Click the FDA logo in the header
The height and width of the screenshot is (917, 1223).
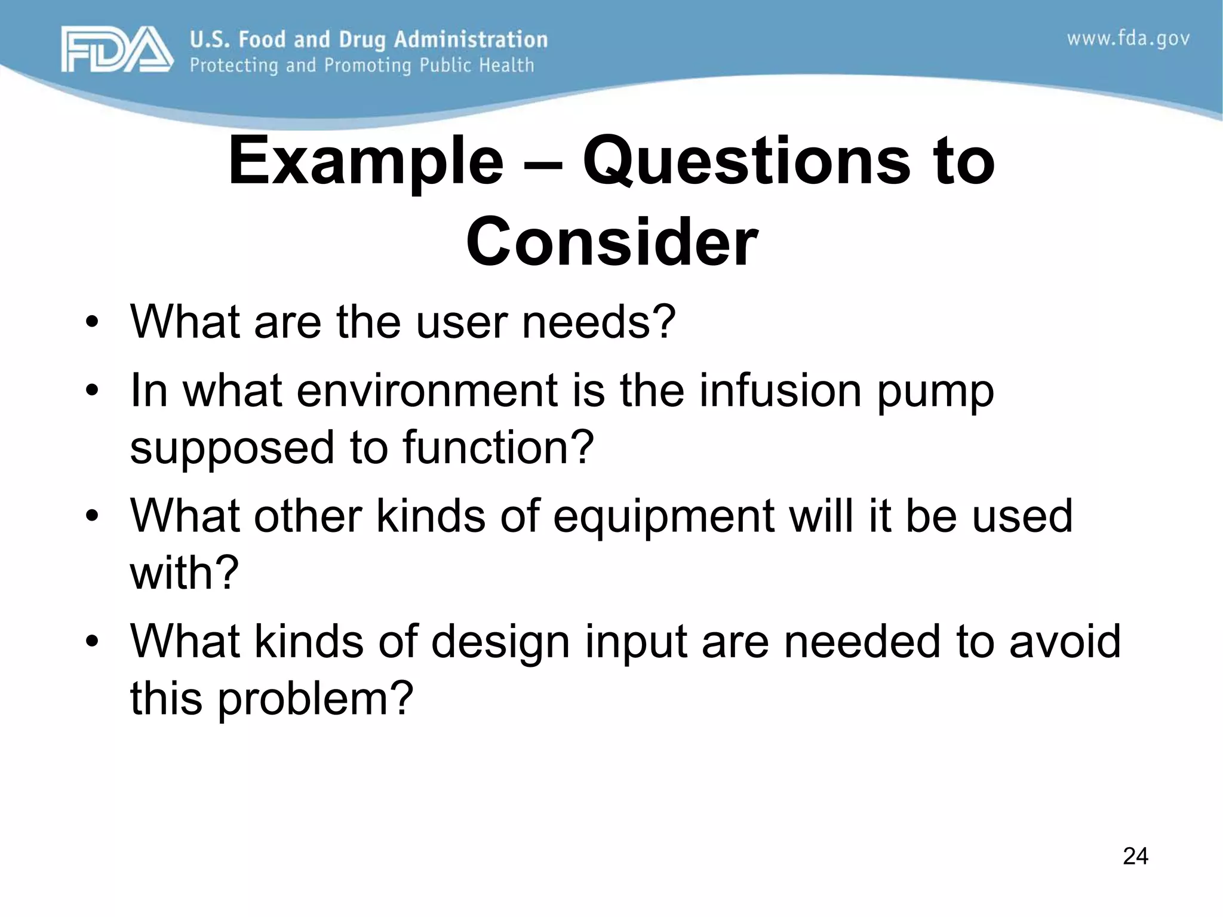(x=116, y=50)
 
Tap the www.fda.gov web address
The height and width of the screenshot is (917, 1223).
(x=1128, y=39)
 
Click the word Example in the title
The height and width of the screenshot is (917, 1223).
(x=365, y=162)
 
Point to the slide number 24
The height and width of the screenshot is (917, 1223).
(x=1135, y=856)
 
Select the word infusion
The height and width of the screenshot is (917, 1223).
(x=780, y=390)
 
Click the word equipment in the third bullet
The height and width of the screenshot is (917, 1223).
(x=663, y=517)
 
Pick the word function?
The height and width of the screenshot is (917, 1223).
(x=499, y=447)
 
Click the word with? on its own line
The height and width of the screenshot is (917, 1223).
(x=185, y=573)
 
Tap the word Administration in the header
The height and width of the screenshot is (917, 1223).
(x=471, y=40)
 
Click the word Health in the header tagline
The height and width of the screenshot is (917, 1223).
(x=506, y=65)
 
